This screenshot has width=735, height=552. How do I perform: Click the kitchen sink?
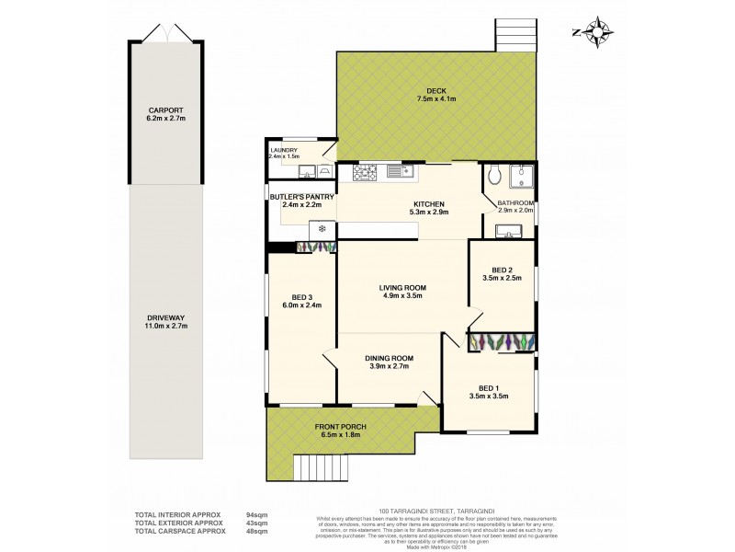pyautogui.click(x=398, y=170)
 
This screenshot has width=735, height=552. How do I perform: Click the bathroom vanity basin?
pyautogui.click(x=508, y=233)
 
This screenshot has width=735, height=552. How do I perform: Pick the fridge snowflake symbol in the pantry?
pyautogui.click(x=322, y=228)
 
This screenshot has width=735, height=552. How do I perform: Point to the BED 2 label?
pyautogui.click(x=502, y=274)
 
